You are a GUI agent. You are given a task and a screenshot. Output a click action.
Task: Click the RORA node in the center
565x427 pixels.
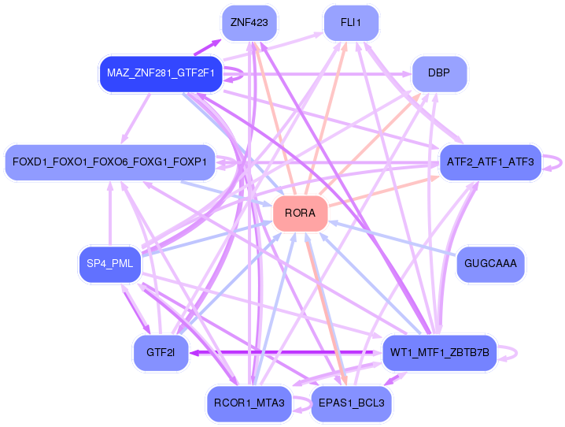tap(300, 213)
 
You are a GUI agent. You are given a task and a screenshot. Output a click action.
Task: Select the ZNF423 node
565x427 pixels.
tap(249, 23)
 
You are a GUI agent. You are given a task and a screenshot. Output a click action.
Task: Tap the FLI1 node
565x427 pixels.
tap(350, 23)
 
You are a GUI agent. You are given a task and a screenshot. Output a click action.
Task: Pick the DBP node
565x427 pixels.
tap(439, 73)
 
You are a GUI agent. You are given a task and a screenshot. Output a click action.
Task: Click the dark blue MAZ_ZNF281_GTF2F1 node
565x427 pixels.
tap(161, 73)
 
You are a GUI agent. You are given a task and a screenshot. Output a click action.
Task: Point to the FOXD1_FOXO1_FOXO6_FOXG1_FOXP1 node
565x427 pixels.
tap(109, 162)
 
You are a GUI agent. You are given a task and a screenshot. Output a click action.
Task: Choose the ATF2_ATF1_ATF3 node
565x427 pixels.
tap(490, 162)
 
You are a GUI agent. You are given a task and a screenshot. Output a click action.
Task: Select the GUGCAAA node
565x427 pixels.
tap(490, 263)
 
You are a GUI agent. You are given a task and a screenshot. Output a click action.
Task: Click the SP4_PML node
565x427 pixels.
tap(109, 264)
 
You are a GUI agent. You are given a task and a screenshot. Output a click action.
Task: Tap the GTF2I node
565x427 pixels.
tap(161, 352)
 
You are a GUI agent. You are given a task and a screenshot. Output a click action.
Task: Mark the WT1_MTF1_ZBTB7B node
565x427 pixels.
tap(439, 352)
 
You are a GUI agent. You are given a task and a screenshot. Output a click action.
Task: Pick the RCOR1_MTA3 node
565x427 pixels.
tap(249, 403)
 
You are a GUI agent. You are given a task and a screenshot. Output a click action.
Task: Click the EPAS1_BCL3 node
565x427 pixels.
tap(350, 403)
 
